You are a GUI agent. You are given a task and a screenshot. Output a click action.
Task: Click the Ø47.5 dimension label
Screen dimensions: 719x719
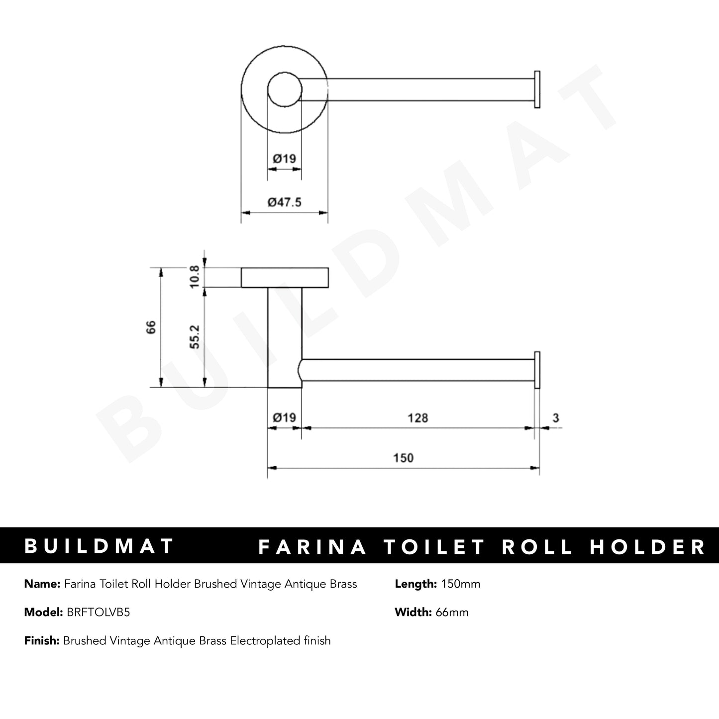click(284, 202)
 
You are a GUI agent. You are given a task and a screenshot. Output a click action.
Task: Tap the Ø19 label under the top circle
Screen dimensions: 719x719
click(284, 159)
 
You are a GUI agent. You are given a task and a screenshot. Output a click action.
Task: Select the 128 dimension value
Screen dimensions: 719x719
click(417, 417)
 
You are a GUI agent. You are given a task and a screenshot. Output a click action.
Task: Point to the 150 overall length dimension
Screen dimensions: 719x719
click(403, 457)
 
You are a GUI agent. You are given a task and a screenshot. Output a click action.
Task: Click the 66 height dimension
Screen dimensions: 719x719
click(151, 327)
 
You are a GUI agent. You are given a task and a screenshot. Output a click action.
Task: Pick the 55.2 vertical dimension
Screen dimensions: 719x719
click(195, 336)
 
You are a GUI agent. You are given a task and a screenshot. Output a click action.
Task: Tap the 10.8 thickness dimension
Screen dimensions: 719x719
click(195, 276)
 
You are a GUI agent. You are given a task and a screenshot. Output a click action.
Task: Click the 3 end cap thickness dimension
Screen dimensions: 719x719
click(555, 417)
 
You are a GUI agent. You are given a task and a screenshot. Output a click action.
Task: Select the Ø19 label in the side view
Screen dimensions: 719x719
click(284, 417)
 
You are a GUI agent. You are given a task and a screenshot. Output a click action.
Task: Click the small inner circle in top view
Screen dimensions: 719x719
click(284, 91)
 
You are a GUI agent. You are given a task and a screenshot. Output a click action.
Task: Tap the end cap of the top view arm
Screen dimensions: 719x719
click(537, 90)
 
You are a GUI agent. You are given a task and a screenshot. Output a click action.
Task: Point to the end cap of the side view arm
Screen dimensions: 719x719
click(537, 370)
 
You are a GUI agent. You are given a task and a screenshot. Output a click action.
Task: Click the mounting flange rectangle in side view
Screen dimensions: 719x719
click(284, 278)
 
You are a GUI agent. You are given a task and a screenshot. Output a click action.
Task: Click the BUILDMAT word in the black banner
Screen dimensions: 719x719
click(99, 546)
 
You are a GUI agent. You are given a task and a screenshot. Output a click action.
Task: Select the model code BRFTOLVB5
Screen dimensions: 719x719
click(98, 612)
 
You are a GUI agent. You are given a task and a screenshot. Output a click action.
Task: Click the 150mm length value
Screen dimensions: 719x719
click(460, 584)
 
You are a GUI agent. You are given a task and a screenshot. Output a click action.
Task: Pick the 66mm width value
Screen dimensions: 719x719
click(452, 612)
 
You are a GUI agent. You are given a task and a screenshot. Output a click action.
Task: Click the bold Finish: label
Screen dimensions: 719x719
click(42, 640)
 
